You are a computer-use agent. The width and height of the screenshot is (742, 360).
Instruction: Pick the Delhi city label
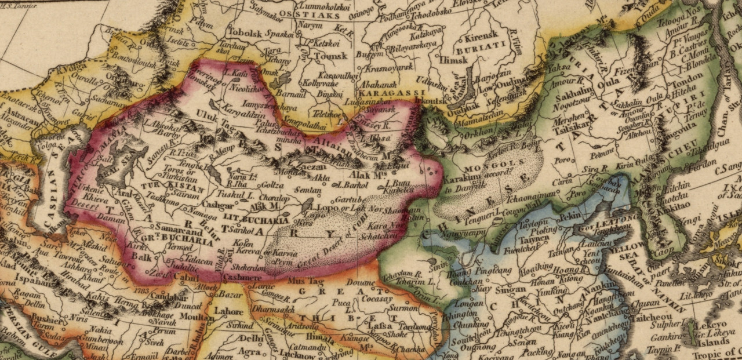(252, 338)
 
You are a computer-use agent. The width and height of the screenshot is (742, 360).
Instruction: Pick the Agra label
(249, 351)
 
